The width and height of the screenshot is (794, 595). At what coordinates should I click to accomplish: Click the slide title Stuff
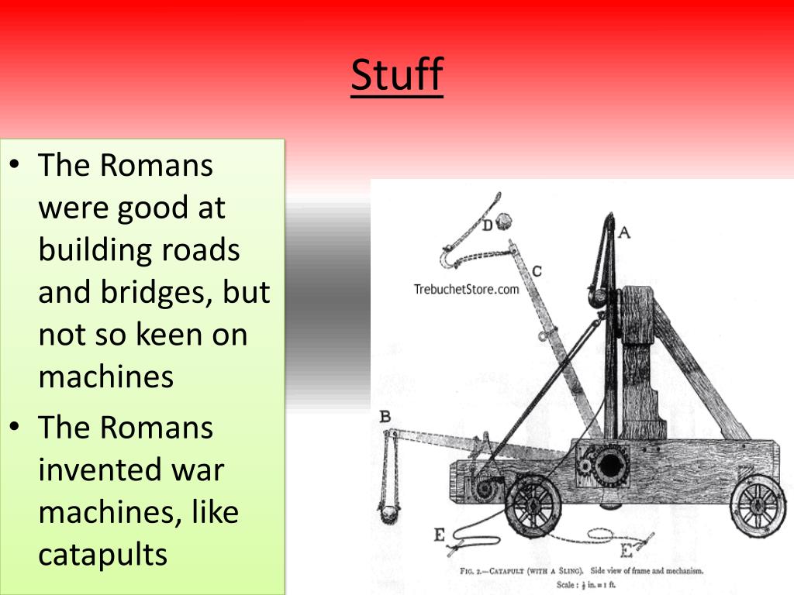coord(396,75)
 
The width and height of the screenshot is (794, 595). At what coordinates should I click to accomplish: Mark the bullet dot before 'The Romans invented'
coord(16,427)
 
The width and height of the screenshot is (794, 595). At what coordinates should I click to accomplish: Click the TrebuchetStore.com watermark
coord(465,290)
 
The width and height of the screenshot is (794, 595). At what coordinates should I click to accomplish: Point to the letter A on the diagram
coord(623,231)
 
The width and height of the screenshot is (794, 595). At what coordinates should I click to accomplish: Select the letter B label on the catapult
coord(385,418)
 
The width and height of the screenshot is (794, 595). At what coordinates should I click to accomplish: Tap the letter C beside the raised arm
coord(537,271)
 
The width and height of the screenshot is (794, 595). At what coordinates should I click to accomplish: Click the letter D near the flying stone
coord(486,225)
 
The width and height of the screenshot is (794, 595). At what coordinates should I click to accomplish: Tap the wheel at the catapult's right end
coord(758,504)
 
